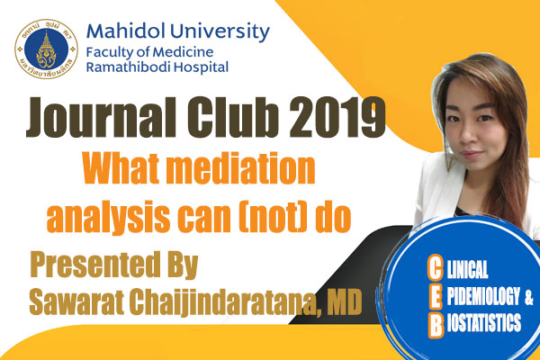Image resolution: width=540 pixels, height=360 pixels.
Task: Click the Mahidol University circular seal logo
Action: click(47, 49)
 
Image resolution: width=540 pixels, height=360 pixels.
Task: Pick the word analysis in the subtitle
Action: click(108, 219)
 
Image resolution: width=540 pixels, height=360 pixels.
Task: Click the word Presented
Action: click(95, 265)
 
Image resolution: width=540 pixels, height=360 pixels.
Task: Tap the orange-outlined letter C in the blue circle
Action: click(435, 267)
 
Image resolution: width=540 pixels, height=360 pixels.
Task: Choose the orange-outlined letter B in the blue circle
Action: click(436, 326)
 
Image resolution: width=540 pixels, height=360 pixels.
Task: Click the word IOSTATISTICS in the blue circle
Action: click(484, 323)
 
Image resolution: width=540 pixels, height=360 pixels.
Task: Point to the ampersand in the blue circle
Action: click(528, 298)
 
